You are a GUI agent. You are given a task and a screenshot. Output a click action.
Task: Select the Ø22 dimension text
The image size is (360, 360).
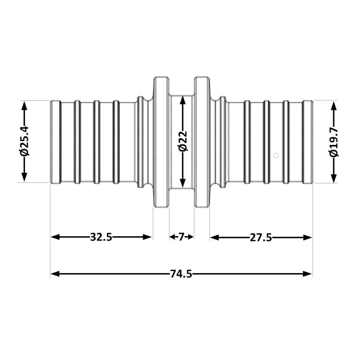183,141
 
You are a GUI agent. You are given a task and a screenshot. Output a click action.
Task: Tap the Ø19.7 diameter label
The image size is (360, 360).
334,142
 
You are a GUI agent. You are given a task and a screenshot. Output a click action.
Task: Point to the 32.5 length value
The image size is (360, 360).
101,237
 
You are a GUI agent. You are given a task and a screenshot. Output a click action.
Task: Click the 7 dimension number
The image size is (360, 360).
181,237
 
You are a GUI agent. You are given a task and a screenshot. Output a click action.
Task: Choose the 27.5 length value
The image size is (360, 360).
261,238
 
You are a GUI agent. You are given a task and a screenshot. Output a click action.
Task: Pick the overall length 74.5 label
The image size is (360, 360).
181,274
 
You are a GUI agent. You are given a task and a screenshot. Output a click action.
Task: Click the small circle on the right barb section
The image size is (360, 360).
276,156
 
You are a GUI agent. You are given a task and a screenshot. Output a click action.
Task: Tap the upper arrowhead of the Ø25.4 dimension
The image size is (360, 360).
24,106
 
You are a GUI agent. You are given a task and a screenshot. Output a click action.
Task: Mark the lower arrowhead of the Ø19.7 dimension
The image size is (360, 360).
334,179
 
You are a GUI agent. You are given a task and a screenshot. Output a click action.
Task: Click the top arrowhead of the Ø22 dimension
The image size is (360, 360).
182,101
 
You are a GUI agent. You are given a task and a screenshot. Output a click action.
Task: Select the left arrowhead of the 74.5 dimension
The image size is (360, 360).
55,274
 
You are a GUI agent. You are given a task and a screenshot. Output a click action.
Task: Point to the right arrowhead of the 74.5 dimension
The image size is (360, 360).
308,274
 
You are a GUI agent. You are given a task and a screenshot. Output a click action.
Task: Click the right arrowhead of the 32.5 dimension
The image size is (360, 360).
147,237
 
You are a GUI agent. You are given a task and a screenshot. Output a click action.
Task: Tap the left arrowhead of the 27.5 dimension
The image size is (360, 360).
215,238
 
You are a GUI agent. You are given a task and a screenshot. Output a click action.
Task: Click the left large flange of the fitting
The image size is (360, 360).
161,142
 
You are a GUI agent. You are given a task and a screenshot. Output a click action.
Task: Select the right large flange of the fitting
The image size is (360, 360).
202,142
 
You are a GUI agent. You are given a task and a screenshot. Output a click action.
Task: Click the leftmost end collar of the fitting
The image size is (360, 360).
56,142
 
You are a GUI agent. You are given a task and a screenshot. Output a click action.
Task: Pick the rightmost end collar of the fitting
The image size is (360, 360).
308,142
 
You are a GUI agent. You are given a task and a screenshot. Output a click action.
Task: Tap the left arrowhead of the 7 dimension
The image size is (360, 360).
172,237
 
